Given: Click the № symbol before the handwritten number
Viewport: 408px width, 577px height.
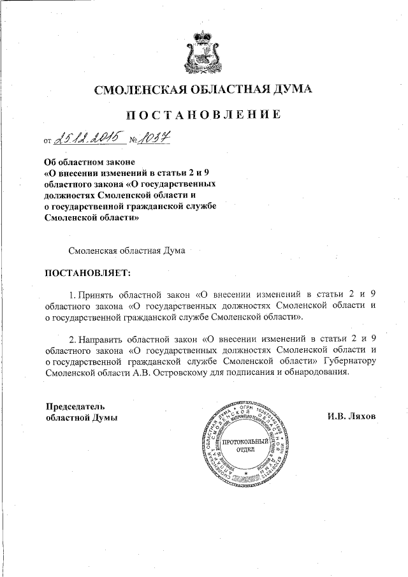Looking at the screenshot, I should click(135, 140).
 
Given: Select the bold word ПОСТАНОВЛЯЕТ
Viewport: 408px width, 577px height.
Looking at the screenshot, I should click(87, 274).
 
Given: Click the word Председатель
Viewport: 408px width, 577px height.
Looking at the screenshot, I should click(75, 406).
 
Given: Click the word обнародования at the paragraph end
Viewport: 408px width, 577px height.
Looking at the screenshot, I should click(315, 373).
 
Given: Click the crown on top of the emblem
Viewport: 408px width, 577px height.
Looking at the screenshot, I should click(203, 34).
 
